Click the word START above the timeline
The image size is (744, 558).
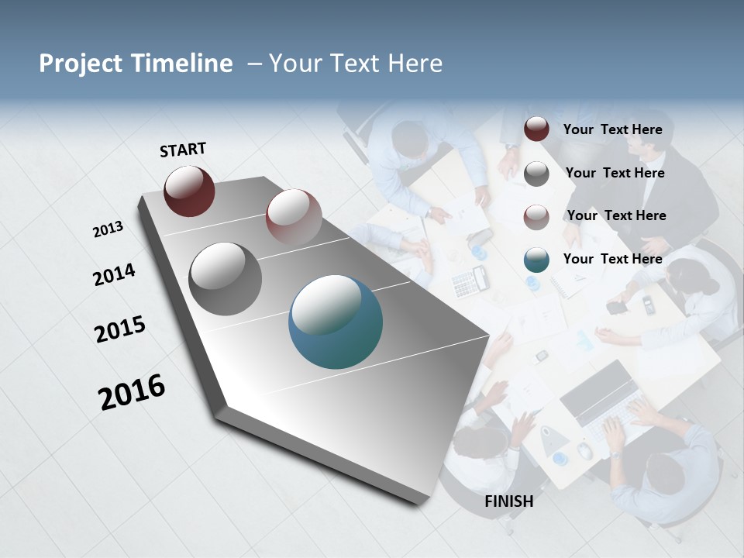183,150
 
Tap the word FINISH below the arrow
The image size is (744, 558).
509,501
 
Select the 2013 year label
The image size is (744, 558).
108,229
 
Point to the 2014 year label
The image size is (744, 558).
114,274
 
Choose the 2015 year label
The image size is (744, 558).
120,329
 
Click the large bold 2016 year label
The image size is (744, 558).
132,392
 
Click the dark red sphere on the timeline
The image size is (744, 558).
189,191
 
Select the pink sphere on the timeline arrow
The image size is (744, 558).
294,216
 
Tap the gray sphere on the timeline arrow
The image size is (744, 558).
226,279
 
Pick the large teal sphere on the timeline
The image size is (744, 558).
336,322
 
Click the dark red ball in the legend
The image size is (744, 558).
536,129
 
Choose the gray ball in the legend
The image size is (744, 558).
536,174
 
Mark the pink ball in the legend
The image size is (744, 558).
536,217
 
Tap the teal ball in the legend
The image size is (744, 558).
536,260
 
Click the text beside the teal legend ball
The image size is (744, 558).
612,259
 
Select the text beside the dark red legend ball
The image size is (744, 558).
612,129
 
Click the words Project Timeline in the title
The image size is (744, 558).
136,64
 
